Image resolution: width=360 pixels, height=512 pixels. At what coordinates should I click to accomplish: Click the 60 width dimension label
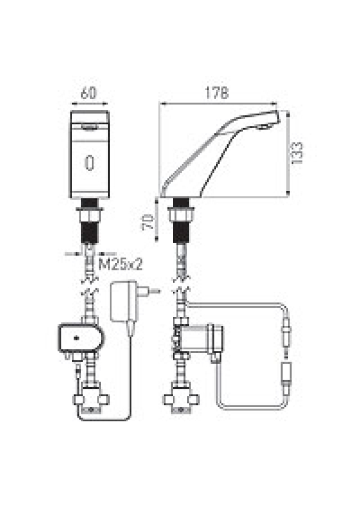pos(89,93)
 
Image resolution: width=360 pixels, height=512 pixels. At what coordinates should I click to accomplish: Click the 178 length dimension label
pos(217,93)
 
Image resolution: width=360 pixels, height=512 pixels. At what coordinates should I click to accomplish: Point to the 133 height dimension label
pos(297,153)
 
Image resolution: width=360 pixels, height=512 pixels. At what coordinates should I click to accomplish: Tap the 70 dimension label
pos(148,222)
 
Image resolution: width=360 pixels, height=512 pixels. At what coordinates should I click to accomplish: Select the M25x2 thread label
pos(121,264)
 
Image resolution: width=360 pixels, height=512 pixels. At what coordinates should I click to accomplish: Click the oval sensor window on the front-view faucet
pos(90,162)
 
